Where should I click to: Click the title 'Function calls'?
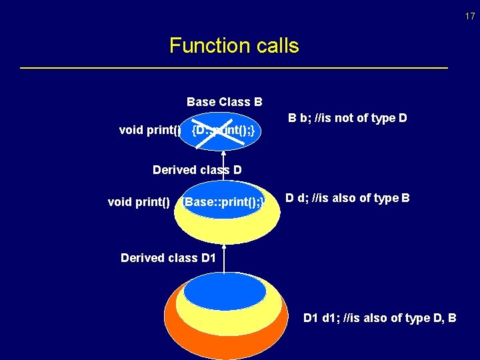tap(234, 46)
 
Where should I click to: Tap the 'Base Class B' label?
tap(224, 102)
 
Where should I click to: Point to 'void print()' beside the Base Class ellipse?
tap(150, 130)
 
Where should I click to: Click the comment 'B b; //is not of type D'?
tap(347, 119)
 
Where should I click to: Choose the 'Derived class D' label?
tap(197, 170)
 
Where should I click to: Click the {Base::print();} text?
tap(224, 201)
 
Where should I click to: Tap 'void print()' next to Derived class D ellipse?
tap(139, 201)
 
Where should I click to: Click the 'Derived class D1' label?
tap(168, 257)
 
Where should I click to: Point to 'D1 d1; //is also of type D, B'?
tap(379, 318)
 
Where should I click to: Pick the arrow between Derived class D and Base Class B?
tap(225, 160)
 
